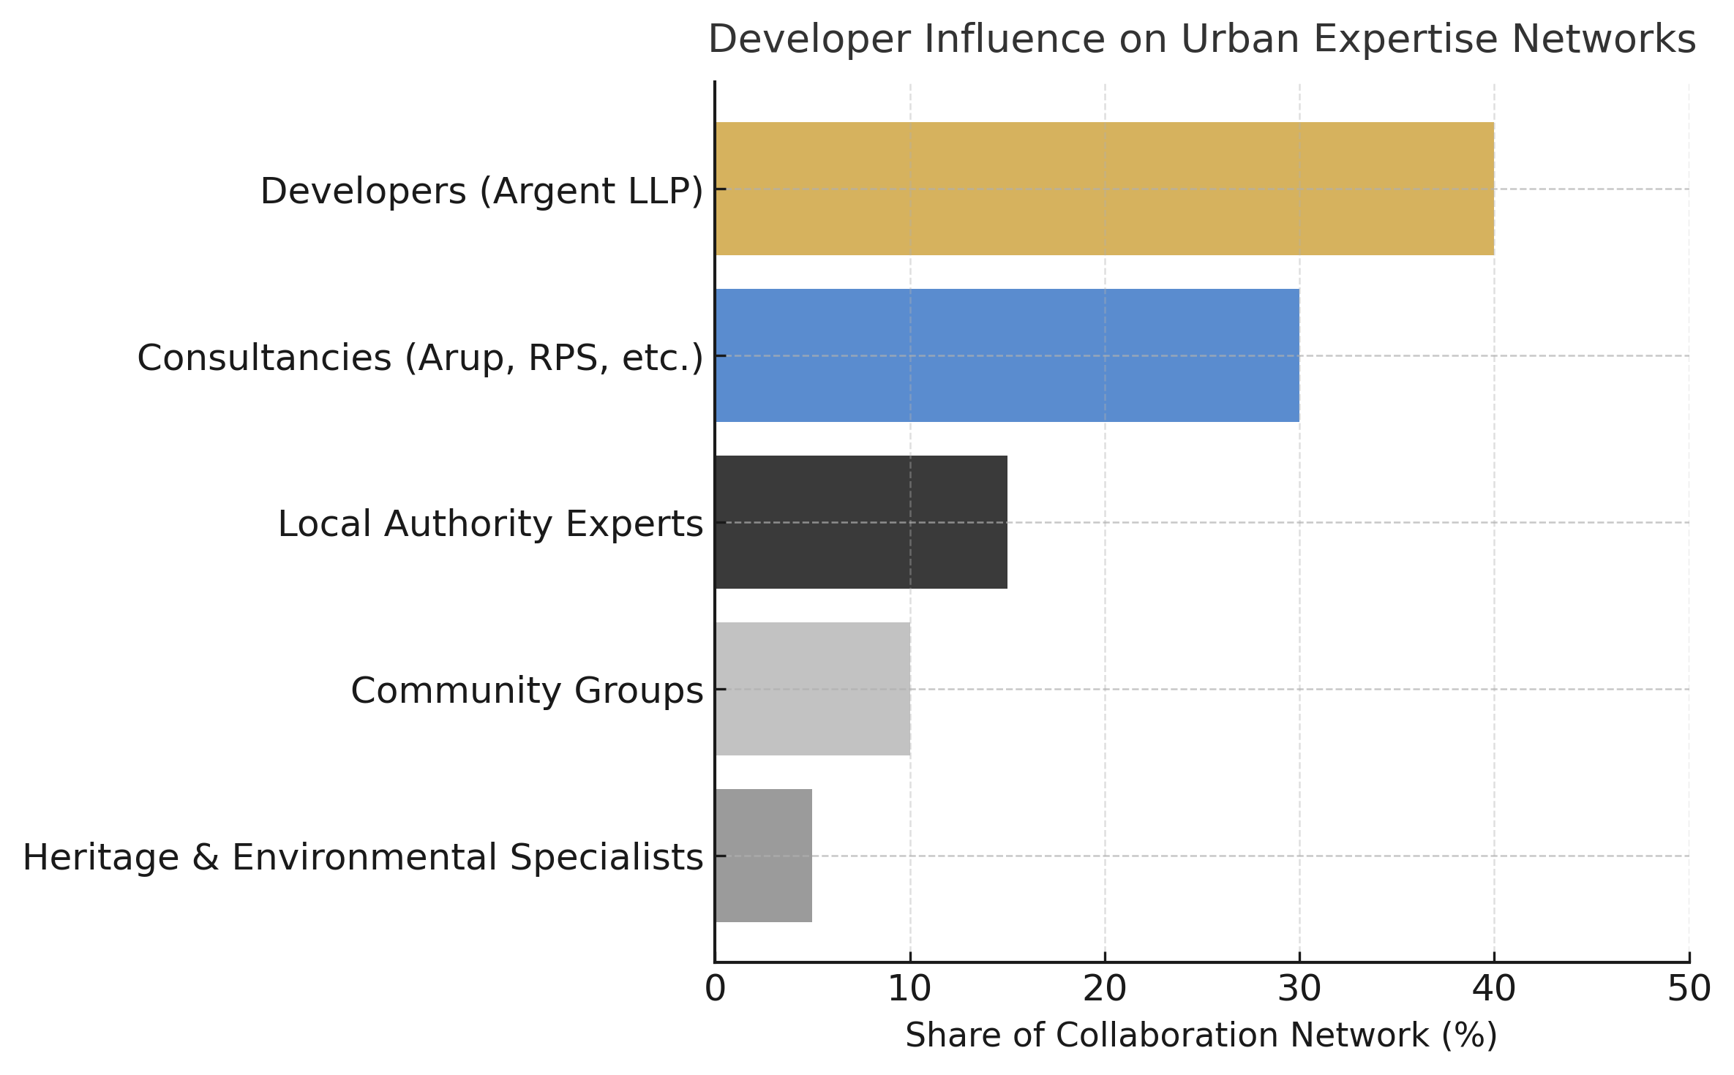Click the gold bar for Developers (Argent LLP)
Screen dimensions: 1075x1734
(1105, 189)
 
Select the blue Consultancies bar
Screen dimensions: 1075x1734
(1007, 355)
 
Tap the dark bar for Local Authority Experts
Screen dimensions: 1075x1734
(861, 522)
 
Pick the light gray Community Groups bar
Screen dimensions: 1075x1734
(813, 689)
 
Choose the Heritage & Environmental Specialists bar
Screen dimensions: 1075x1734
(764, 856)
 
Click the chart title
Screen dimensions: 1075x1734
(1201, 39)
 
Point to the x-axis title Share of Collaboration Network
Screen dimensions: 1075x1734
(1201, 1036)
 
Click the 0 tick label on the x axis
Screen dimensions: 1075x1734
(716, 989)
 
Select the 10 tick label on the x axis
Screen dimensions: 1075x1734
(909, 989)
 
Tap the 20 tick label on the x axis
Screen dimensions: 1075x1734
(1105, 989)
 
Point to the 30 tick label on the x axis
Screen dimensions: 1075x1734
(1299, 989)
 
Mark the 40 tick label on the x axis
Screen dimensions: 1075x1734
(1494, 989)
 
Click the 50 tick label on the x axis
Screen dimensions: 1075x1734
(1689, 989)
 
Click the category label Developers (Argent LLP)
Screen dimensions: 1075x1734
(481, 192)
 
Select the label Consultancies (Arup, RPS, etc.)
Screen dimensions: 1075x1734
(420, 358)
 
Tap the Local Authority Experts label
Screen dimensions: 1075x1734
(490, 524)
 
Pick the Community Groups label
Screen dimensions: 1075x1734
(527, 691)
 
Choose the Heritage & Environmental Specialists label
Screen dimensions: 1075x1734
(363, 858)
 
